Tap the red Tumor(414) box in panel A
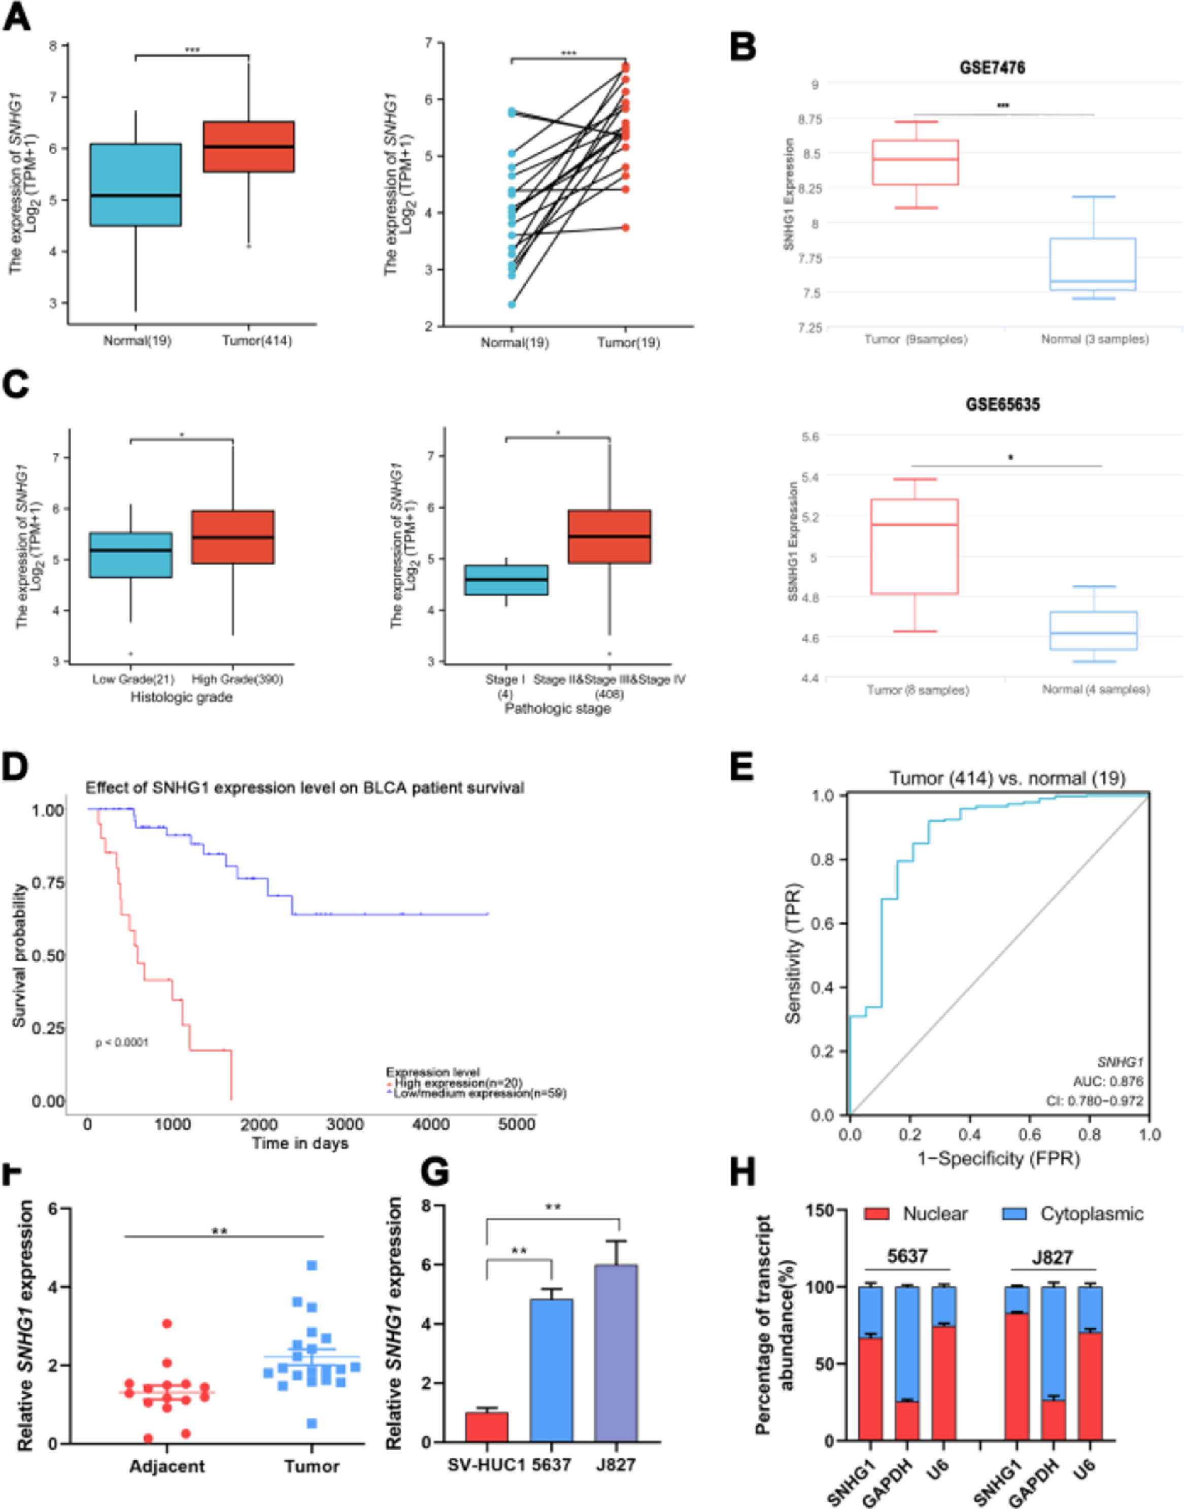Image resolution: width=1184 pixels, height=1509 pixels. pos(248,146)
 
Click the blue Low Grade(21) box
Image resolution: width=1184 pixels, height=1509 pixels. pos(130,555)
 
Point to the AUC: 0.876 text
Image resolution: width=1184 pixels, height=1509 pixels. pos(1108,1081)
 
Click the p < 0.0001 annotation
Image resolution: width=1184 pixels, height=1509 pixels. pos(122,1043)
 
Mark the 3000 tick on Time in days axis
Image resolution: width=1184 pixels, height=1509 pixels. pos(345,1124)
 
